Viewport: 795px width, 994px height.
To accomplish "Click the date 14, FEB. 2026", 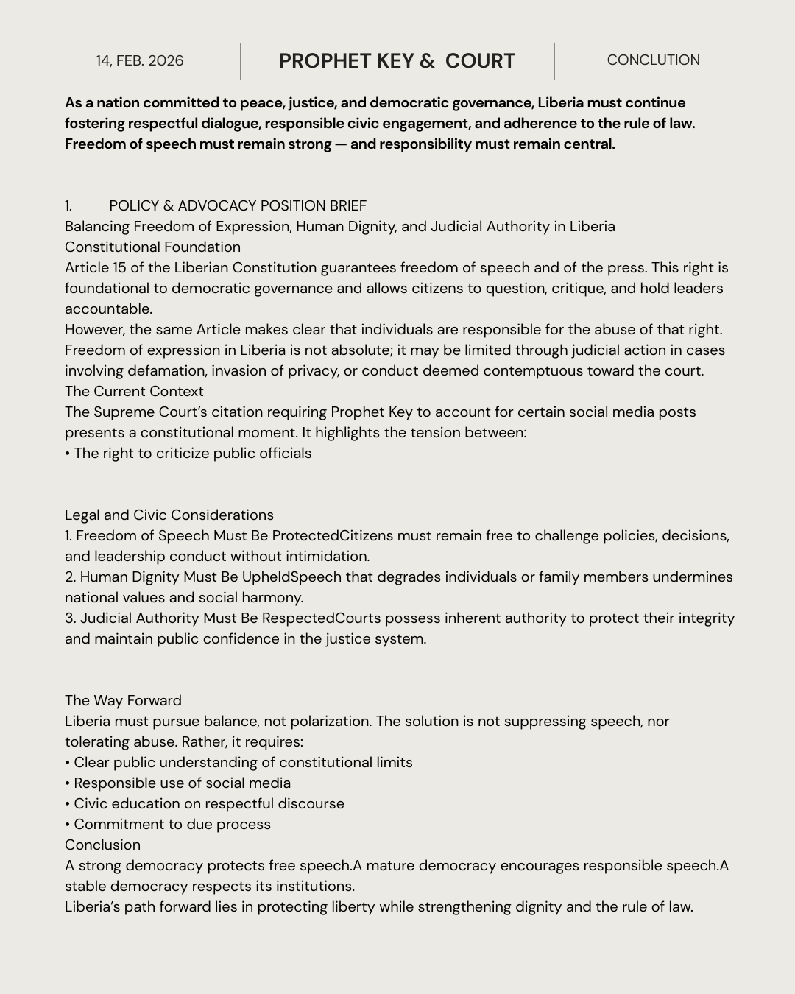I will click(140, 61).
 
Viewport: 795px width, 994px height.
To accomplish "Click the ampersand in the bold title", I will click(427, 61).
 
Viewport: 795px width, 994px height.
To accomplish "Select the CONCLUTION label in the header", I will click(653, 60).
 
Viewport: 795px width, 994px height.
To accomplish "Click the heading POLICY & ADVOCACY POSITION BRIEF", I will click(237, 206).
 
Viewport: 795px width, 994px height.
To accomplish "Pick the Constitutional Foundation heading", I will click(152, 247).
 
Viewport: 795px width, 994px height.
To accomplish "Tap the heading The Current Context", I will click(134, 392).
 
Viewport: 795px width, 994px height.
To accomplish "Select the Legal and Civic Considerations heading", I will click(169, 515).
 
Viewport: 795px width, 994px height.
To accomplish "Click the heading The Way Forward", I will click(123, 701).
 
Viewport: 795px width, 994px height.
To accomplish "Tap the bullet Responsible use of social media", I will click(181, 783).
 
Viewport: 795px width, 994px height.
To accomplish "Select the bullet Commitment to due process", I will click(172, 825).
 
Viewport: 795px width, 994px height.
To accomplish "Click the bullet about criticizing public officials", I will click(191, 454).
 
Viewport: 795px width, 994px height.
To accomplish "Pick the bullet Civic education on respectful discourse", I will click(208, 804).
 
